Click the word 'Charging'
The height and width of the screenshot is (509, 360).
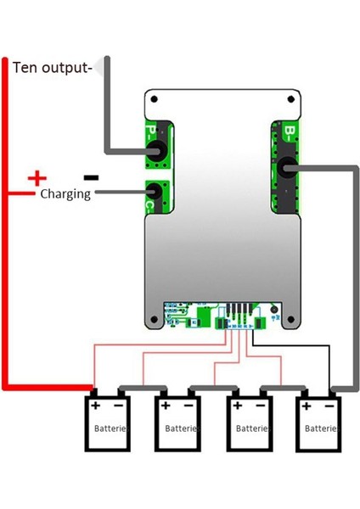pyautogui.click(x=65, y=193)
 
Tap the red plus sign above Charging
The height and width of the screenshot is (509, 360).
pyautogui.click(x=37, y=178)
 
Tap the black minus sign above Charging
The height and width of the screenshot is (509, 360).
pyautogui.click(x=91, y=178)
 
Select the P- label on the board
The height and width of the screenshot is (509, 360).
pyautogui.click(x=150, y=133)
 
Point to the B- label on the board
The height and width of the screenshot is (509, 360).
pyautogui.click(x=289, y=132)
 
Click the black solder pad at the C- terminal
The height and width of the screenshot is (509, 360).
pyautogui.click(x=155, y=191)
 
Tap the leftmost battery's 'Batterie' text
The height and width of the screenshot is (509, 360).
pyautogui.click(x=110, y=429)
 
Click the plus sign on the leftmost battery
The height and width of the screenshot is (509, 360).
pyautogui.click(x=95, y=407)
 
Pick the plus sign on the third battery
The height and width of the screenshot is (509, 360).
pyautogui.click(x=238, y=407)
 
